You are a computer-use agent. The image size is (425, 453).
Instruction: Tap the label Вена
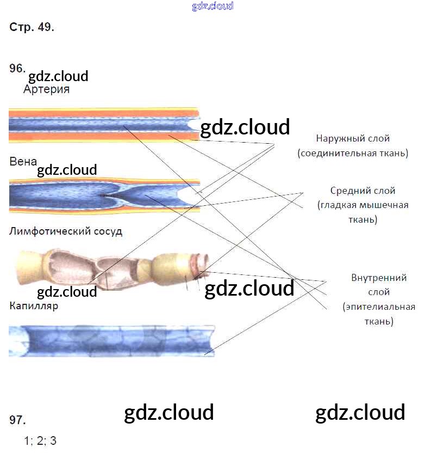click(23, 162)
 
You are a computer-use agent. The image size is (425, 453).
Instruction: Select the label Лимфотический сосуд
click(66, 231)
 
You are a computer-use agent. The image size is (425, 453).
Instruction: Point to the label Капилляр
click(34, 306)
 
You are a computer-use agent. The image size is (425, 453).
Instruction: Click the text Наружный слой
click(353, 139)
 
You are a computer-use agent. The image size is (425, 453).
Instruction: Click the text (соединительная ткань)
click(353, 153)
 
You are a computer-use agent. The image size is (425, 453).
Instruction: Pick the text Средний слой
click(362, 191)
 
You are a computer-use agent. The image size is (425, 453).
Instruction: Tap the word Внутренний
click(379, 278)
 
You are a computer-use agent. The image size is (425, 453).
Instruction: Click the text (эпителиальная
click(379, 307)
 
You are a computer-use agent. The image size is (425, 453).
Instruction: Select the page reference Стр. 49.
click(32, 28)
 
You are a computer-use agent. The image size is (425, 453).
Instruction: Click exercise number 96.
click(17, 68)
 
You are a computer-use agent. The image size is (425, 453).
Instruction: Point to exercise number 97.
click(17, 420)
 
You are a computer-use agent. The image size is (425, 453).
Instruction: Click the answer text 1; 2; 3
click(40, 440)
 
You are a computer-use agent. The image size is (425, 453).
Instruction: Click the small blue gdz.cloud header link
click(212, 7)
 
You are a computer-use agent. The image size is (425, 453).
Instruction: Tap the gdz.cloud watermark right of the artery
click(245, 127)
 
